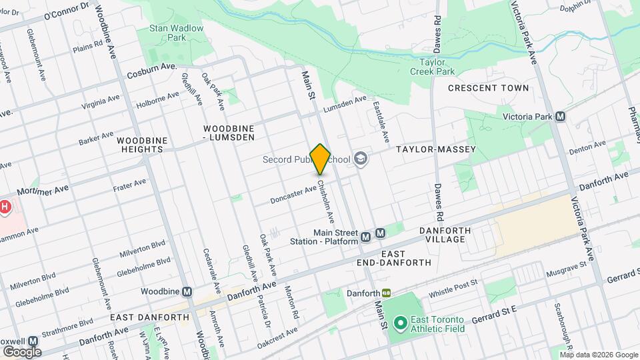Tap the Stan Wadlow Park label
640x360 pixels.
167,33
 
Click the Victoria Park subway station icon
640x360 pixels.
560,117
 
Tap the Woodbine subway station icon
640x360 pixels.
187,292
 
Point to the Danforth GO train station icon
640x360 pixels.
386,293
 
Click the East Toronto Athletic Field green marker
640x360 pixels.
400,324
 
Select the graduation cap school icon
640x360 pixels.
361,159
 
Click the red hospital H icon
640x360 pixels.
5,207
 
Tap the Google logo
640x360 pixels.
21,351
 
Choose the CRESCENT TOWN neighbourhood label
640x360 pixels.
488,88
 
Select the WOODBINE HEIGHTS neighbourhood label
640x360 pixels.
140,145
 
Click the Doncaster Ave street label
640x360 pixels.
293,194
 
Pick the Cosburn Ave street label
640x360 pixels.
151,70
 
